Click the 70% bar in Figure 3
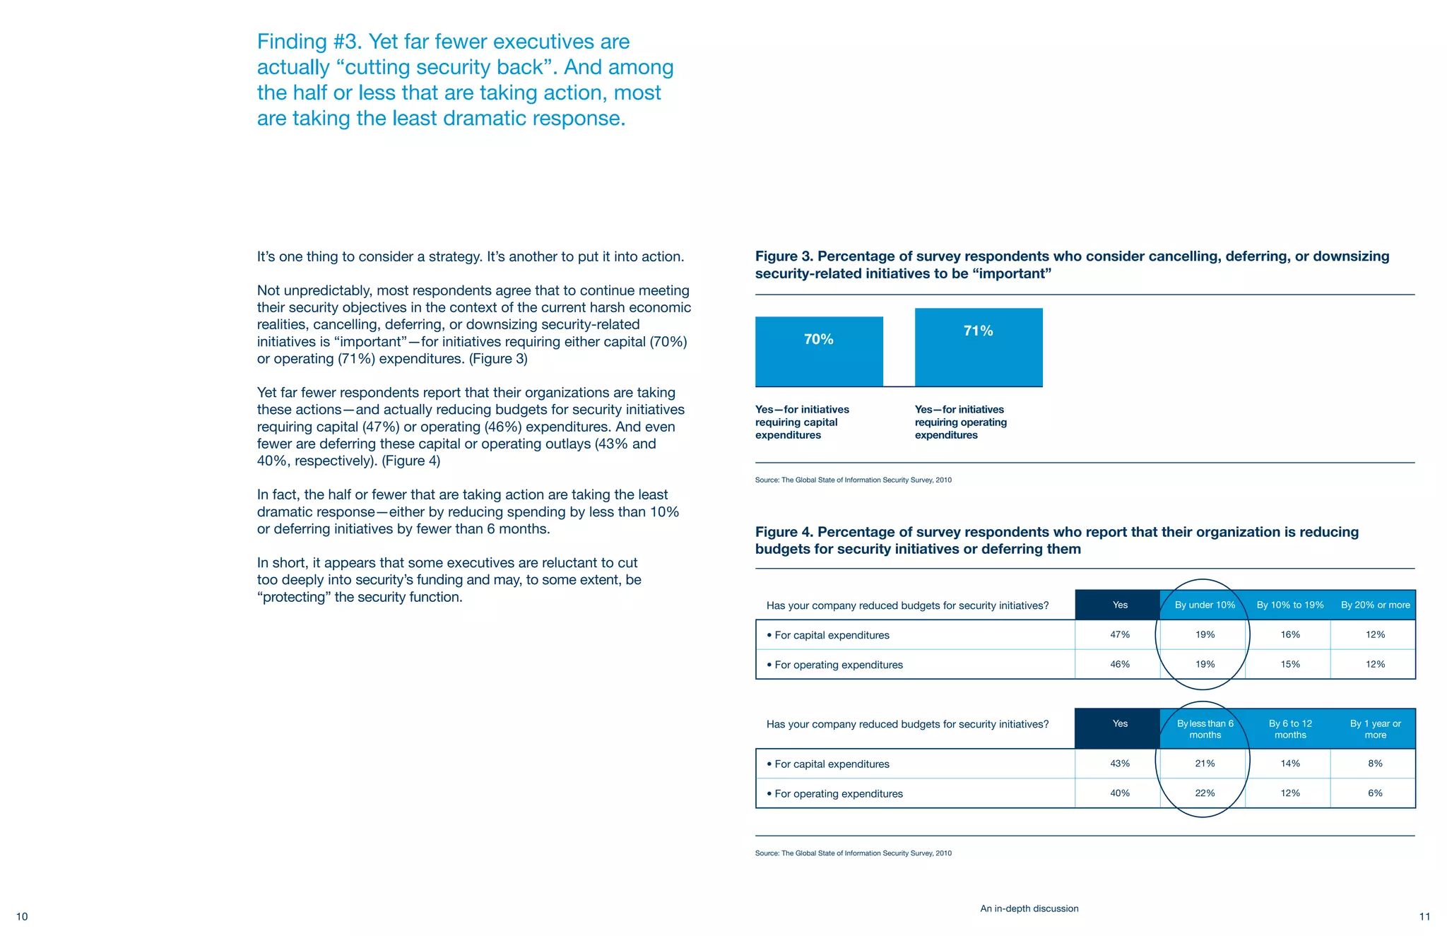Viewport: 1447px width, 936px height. coord(819,351)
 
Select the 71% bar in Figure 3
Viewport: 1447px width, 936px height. coord(979,347)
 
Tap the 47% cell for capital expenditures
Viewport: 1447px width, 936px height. coord(1120,634)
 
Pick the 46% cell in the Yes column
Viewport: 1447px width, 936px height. coord(1120,664)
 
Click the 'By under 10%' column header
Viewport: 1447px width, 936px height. coord(1205,605)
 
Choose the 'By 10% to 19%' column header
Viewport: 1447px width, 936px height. coord(1290,605)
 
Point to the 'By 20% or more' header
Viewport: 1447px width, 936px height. coord(1375,605)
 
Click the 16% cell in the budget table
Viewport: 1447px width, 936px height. coord(1290,634)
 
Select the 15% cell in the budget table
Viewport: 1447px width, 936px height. coord(1290,664)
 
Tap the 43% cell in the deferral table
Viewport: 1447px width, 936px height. coord(1120,764)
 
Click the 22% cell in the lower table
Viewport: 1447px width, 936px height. coord(1205,793)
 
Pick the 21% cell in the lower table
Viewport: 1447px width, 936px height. coord(1205,764)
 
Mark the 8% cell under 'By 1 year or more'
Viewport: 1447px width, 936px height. coord(1375,764)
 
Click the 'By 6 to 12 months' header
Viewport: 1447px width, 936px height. coord(1290,729)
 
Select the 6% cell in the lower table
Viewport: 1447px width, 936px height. coord(1375,793)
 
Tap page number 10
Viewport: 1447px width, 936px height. coord(22,917)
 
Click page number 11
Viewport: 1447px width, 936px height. coord(1424,917)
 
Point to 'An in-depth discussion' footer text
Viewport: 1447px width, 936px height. coord(1029,908)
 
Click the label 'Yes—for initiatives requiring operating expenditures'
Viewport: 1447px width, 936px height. coord(960,422)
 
